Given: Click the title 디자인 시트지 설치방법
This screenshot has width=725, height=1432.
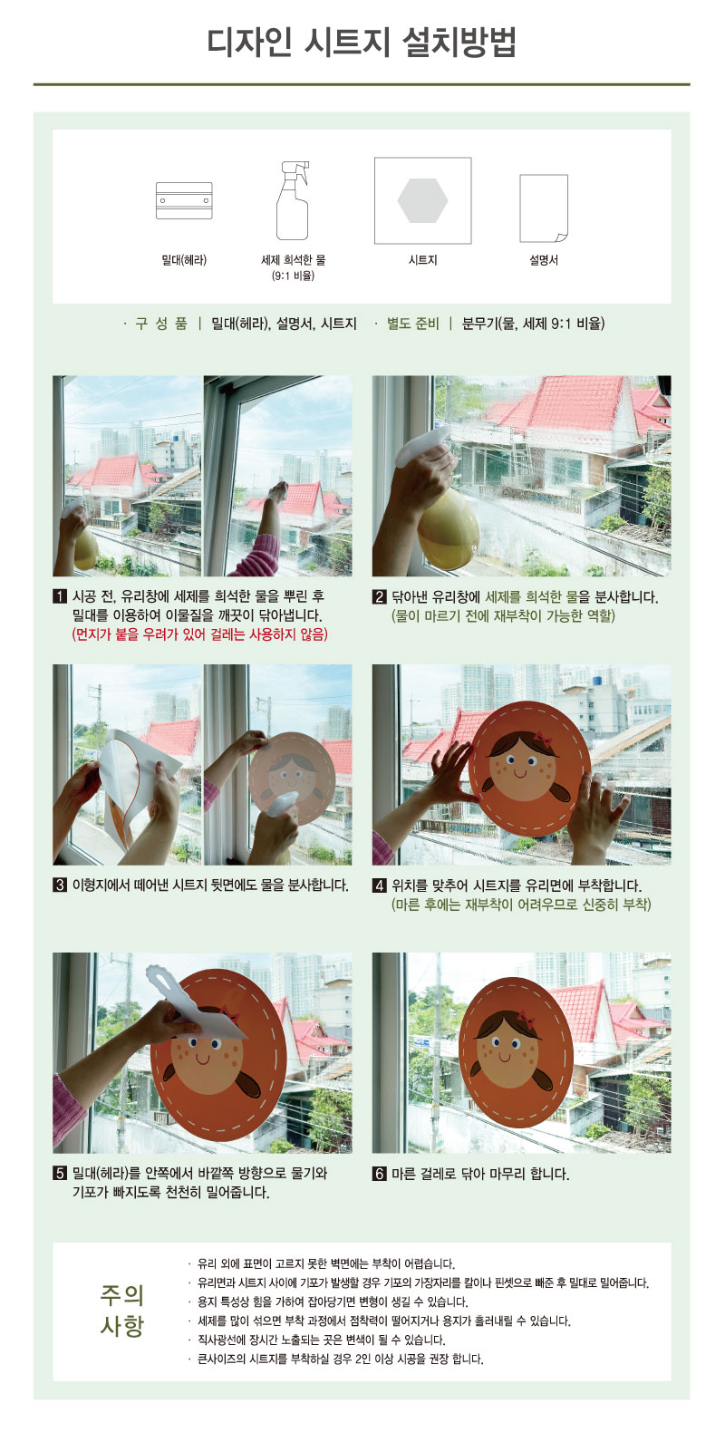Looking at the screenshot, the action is tap(362, 43).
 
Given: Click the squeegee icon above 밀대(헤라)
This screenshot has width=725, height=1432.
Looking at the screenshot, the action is tap(184, 200).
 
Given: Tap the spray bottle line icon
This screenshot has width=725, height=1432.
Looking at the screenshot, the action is tap(293, 200).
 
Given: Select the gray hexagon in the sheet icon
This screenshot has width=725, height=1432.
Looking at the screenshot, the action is tap(422, 200).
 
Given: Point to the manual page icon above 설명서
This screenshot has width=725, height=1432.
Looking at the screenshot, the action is tap(544, 208).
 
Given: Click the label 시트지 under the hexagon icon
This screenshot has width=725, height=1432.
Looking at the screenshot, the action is tap(422, 260).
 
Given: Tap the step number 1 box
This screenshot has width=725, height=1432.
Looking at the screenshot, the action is tap(60, 597).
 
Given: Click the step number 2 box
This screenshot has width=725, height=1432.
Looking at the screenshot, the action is tap(379, 597).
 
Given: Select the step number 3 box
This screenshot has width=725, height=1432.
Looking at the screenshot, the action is tap(60, 885).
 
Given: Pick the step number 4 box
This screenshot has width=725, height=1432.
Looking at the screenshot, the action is tap(379, 885).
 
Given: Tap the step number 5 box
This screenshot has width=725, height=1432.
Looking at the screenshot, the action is tap(60, 1173).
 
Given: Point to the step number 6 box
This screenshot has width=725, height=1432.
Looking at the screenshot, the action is tap(379, 1174).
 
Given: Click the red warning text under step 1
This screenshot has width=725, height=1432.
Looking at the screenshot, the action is tap(199, 634).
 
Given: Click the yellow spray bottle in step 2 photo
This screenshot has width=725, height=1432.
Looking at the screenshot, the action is tap(449, 527).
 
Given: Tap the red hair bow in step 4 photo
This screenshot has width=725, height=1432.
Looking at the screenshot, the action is tap(544, 740).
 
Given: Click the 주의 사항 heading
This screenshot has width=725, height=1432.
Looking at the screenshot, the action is tap(122, 1310).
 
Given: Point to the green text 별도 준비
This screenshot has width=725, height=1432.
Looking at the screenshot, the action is tap(413, 324).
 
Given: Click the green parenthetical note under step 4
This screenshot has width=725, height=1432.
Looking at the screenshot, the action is tap(521, 905).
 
